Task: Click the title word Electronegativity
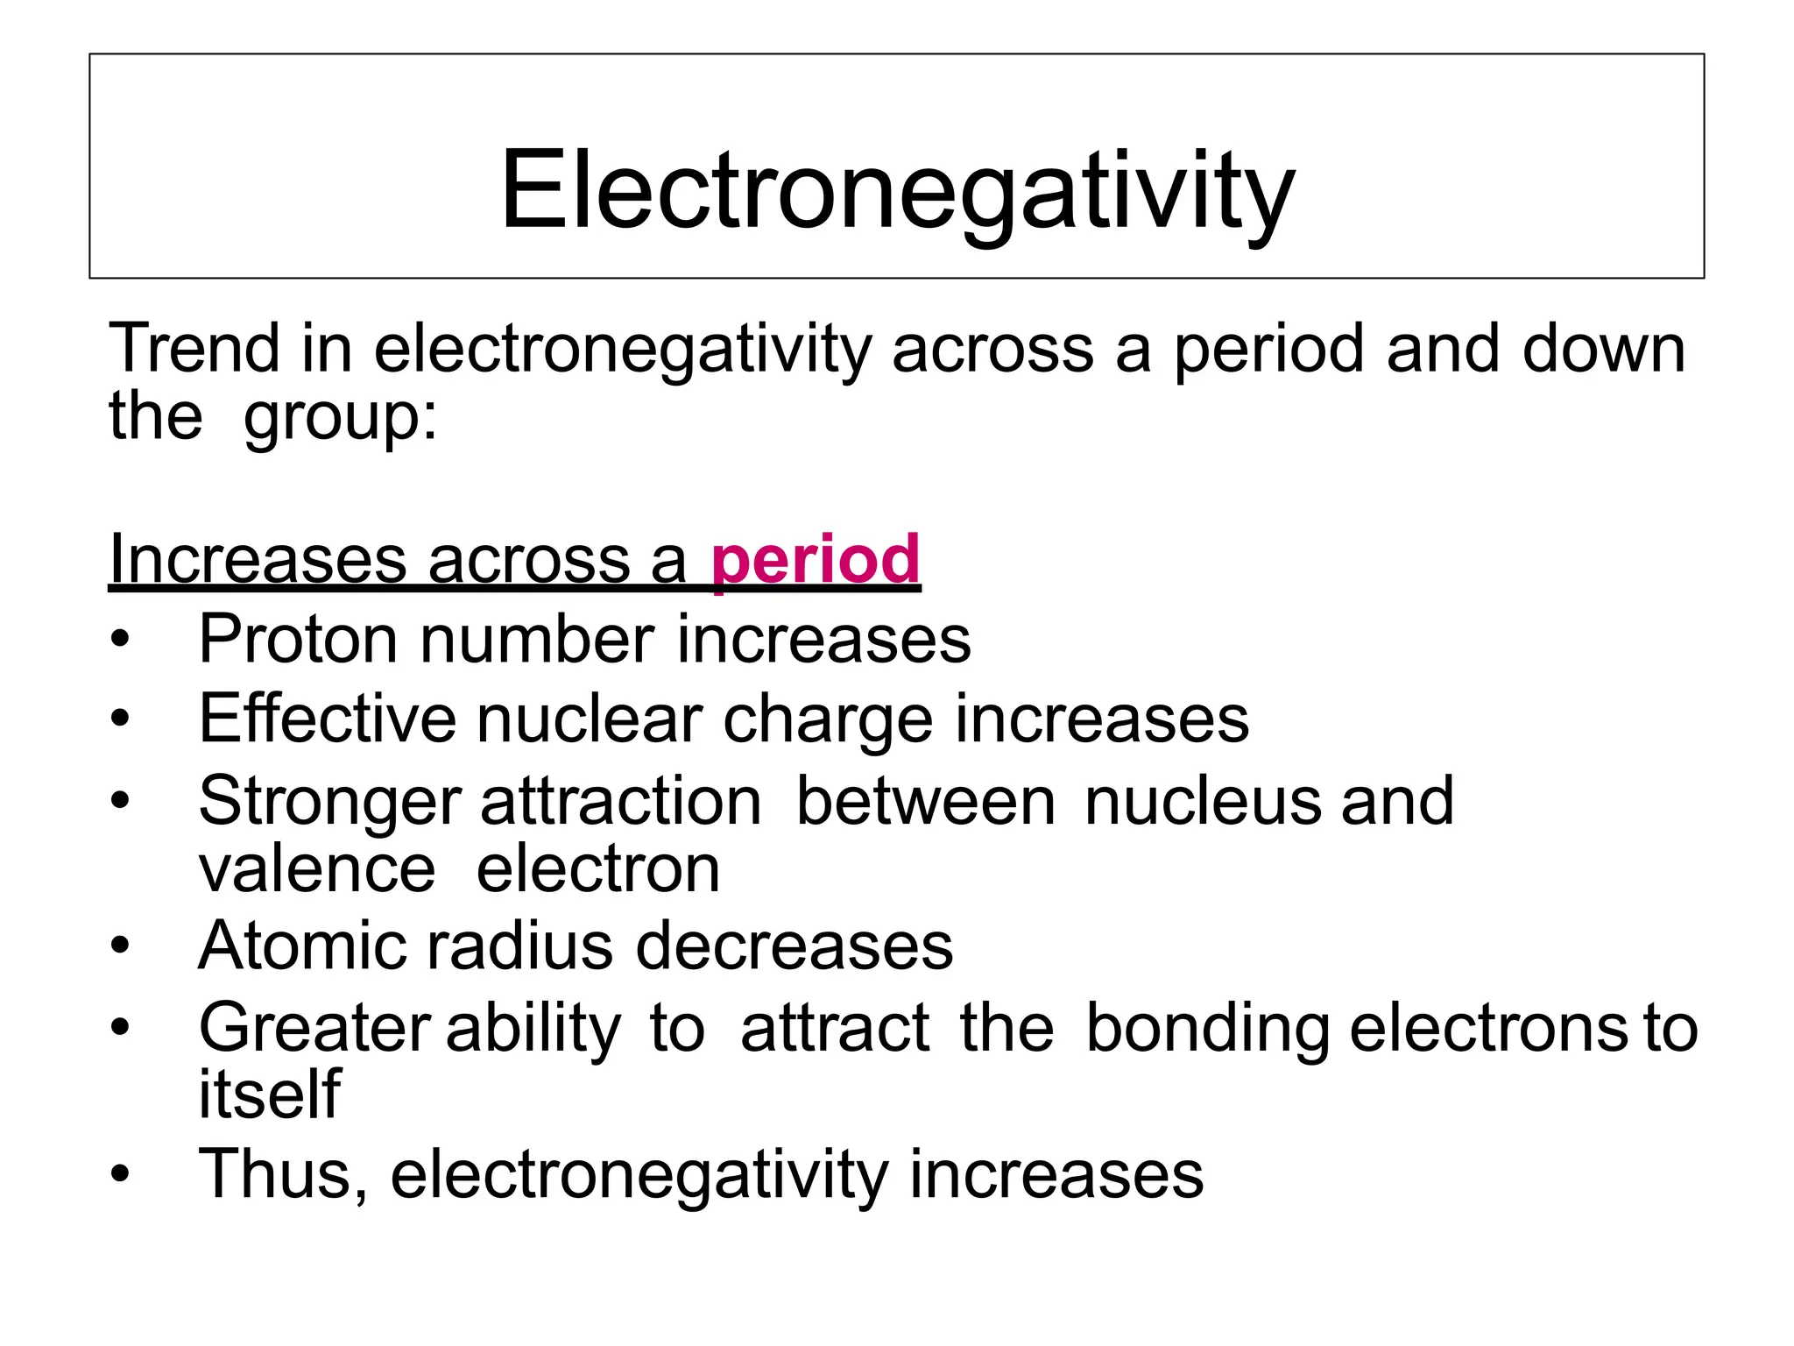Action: [x=897, y=191]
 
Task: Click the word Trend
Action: [x=194, y=349]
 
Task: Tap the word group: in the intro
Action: [x=341, y=417]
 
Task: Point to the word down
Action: [x=1603, y=349]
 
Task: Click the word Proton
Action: [x=299, y=639]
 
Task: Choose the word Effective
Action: [x=328, y=719]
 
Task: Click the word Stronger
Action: [x=329, y=802]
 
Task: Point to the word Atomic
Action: [x=301, y=946]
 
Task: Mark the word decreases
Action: [x=794, y=946]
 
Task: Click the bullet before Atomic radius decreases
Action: [x=120, y=946]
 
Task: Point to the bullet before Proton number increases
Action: [x=120, y=639]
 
